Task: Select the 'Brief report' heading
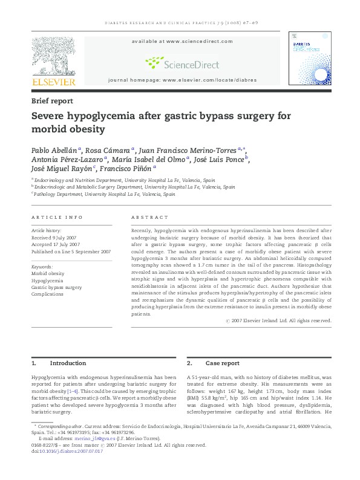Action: (x=52, y=101)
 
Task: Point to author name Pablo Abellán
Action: (x=54, y=150)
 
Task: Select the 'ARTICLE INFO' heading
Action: (x=57, y=217)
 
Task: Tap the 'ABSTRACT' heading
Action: (x=149, y=217)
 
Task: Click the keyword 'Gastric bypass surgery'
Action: (x=56, y=287)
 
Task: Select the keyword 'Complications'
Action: (x=48, y=294)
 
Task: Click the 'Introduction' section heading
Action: (x=68, y=363)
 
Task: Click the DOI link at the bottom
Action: (x=71, y=451)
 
